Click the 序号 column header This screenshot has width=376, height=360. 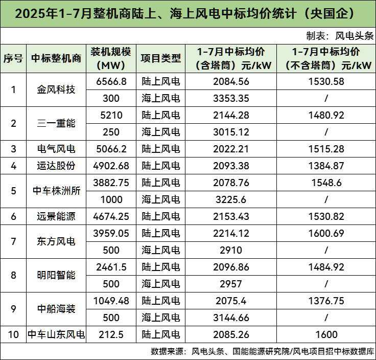13,58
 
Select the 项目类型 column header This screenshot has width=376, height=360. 161,58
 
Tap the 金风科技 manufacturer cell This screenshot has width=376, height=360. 56,89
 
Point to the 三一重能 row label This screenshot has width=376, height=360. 56,123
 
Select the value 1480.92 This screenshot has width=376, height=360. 326,115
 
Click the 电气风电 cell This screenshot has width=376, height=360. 56,149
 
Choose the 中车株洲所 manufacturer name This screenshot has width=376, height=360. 56,191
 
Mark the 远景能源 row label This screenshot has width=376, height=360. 56,216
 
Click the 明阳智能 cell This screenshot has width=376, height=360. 56,275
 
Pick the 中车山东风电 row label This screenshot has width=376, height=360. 56,335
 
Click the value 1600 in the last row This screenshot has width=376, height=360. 326,335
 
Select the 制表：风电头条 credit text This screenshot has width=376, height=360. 340,36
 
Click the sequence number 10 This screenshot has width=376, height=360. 13,335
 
